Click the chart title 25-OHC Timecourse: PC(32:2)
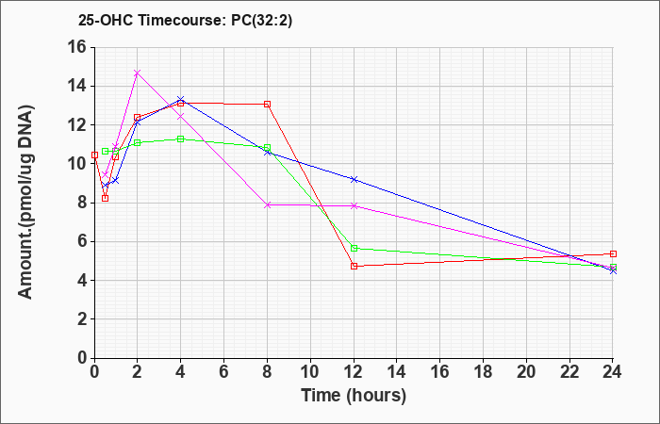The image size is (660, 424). [185, 20]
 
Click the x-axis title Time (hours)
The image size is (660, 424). [354, 396]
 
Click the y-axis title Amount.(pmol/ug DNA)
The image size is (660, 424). [26, 203]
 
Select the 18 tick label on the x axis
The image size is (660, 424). [483, 372]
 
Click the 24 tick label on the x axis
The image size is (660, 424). [613, 372]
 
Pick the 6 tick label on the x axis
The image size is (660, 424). [224, 372]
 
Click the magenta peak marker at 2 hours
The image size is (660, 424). [138, 73]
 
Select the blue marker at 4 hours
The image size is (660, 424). [181, 100]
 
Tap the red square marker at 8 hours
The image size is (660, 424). [267, 105]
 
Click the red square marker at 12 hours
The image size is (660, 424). [354, 267]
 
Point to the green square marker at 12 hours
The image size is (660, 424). [354, 248]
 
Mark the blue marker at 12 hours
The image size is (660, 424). [354, 180]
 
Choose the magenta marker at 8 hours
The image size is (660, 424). [267, 204]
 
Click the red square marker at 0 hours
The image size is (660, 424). [94, 155]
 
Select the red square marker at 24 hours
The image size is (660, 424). [613, 254]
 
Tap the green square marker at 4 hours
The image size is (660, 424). [181, 139]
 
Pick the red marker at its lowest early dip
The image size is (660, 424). [106, 199]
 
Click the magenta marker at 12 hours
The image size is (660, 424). [354, 205]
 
